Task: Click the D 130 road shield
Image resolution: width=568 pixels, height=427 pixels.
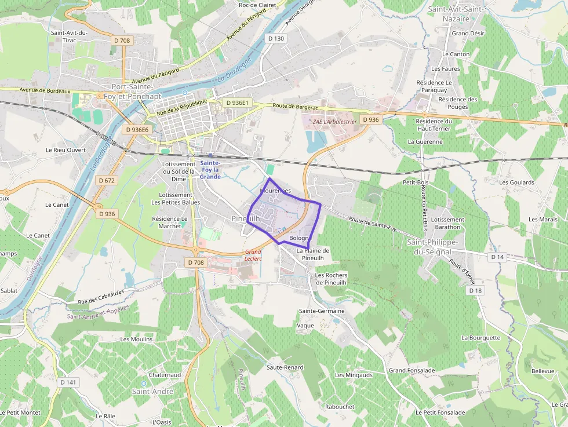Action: coord(276,38)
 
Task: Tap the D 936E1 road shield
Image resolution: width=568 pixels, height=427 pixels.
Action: coord(237,103)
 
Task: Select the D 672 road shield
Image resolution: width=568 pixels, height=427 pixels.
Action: coord(107,181)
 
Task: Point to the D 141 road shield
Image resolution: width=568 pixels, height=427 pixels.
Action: coord(68,382)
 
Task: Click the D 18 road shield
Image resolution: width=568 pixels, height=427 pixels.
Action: coord(475,290)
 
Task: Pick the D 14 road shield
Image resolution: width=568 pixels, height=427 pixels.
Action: coord(497,257)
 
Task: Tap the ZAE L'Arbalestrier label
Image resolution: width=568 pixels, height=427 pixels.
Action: coord(334,122)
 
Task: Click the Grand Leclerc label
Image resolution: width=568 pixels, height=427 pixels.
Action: coord(253,255)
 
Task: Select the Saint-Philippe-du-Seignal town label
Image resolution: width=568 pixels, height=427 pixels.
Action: coord(434,246)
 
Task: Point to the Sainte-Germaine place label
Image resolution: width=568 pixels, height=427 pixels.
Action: coord(322,311)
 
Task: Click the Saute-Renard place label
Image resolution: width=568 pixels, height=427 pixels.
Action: coord(285,367)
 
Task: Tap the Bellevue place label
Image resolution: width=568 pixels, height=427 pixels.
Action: coord(542,371)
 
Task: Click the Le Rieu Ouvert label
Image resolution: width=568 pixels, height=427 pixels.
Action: coord(65,150)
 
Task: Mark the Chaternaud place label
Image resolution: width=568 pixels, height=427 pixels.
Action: coord(165,375)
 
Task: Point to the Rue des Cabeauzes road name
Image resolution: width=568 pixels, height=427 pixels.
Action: coord(101,297)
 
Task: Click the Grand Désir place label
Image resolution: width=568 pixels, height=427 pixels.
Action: coord(468,34)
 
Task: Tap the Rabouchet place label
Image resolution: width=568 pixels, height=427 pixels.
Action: coord(339,407)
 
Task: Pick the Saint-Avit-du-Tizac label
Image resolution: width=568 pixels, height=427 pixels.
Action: coord(69,37)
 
